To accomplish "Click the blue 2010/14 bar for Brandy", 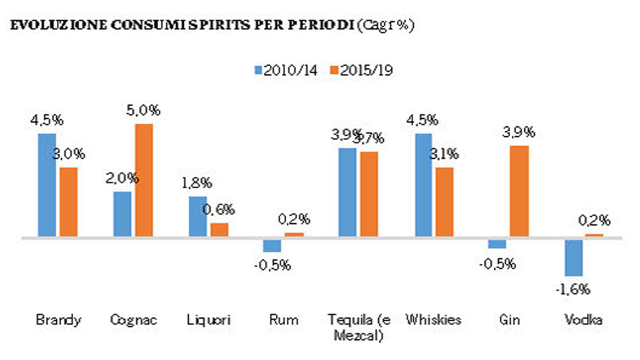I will click(x=47, y=185).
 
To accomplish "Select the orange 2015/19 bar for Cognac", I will click(x=144, y=181).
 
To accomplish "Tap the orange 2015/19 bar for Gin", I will click(x=520, y=191).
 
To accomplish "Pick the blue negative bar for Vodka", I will click(x=574, y=257).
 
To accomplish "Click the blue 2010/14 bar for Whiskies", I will click(x=423, y=185).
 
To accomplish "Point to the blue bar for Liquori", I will click(x=197, y=217).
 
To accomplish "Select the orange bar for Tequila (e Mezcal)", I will click(x=369, y=194).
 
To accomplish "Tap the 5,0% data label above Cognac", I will click(x=143, y=111).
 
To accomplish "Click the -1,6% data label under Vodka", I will click(x=574, y=289).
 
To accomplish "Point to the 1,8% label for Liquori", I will click(x=198, y=184).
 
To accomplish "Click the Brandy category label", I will click(x=58, y=320).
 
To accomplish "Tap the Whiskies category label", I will click(x=434, y=320).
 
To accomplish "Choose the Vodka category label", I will click(x=584, y=320).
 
